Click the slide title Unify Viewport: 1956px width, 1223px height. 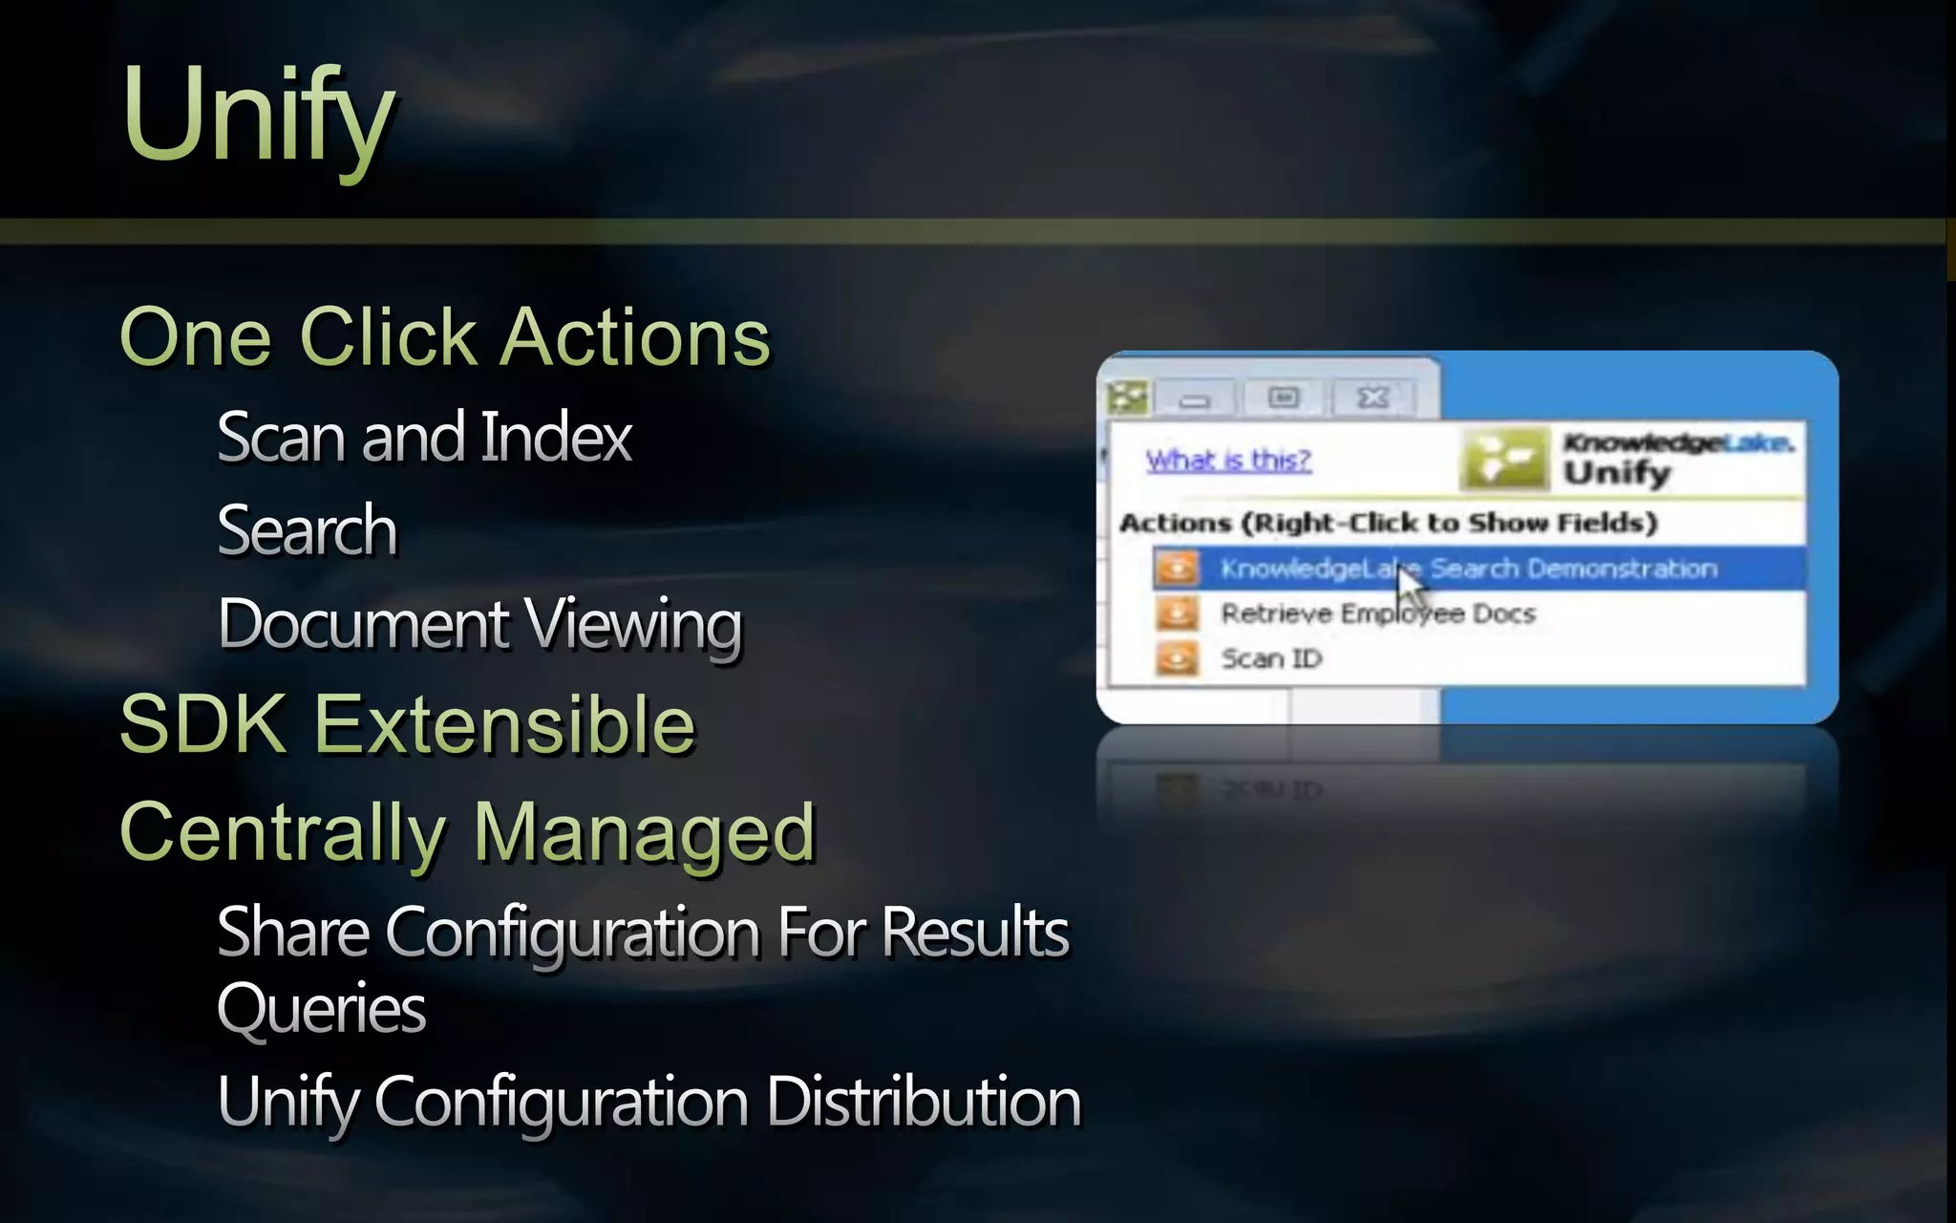point(258,117)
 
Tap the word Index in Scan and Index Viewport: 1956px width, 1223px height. point(556,437)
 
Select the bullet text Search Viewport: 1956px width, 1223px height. point(307,530)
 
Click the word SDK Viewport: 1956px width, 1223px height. point(202,724)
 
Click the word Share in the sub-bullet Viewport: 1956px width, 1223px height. point(293,932)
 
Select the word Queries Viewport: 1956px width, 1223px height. point(322,1008)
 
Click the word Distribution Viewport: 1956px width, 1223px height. point(924,1102)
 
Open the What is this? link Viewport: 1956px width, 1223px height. point(1228,461)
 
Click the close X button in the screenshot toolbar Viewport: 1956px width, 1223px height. point(1372,397)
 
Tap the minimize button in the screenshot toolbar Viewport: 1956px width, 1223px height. point(1194,399)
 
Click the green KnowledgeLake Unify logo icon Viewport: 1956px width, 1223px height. point(1503,459)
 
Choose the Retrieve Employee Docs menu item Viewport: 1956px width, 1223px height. point(1377,613)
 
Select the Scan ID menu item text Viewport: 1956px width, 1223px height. point(1271,658)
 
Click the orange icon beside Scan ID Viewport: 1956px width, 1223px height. point(1177,657)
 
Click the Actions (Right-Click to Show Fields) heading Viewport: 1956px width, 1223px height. point(1388,523)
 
